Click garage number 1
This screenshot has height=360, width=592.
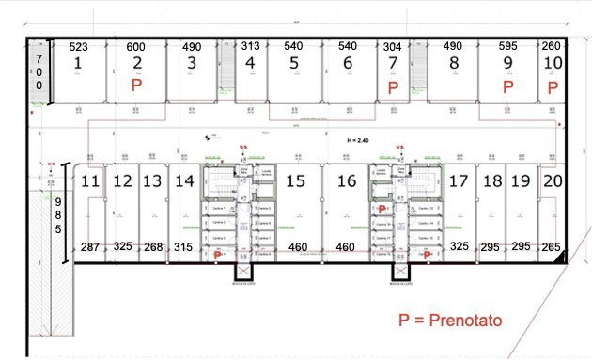79,63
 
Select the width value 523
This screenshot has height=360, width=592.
79,46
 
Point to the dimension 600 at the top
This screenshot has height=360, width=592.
136,46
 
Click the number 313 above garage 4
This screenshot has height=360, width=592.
250,46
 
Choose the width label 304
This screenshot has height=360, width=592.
393,46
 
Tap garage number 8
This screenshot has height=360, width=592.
454,63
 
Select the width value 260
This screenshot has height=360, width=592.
553,46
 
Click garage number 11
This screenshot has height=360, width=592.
90,180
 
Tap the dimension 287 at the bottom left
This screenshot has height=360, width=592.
90,246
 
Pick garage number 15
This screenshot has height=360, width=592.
296,180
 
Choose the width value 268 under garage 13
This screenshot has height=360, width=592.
152,246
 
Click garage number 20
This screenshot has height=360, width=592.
553,180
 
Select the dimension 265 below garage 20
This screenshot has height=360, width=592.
552,246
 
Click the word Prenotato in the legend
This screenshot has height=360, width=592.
466,320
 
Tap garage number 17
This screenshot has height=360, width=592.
459,180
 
